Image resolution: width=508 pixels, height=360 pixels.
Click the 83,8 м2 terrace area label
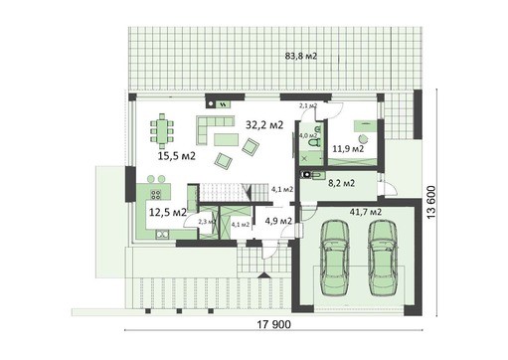[298, 57]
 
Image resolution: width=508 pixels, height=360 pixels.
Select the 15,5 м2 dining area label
[175, 156]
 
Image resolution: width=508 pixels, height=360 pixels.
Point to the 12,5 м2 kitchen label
[168, 212]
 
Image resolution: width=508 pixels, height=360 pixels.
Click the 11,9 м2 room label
[348, 149]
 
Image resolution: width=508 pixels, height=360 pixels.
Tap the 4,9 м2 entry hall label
[277, 220]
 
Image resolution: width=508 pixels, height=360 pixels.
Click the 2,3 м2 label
[207, 222]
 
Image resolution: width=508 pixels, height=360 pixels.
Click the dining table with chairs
[161, 131]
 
